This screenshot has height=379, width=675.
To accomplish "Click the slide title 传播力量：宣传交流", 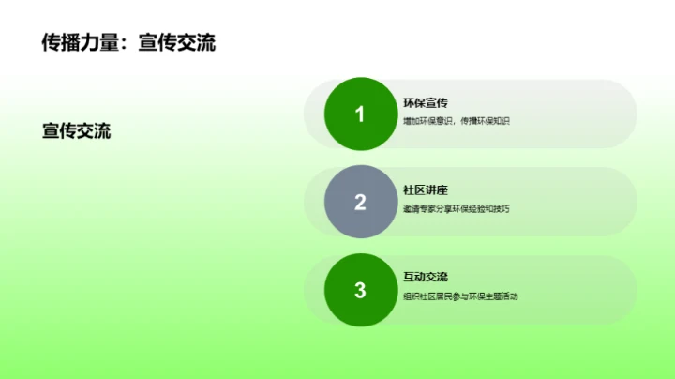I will (x=128, y=42).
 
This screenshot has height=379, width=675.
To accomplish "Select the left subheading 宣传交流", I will (x=76, y=131).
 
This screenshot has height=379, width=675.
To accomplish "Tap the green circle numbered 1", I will (x=360, y=114).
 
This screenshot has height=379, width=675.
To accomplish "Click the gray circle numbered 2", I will (x=360, y=202).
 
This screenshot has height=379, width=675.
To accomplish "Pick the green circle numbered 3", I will (x=360, y=290).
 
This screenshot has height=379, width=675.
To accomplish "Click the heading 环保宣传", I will (x=426, y=102).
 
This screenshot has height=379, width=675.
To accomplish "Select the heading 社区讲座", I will (x=426, y=189).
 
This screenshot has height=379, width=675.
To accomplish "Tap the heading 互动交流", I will (x=426, y=277).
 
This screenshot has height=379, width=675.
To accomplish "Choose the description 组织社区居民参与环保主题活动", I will (x=460, y=296).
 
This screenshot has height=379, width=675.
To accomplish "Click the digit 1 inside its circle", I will (x=360, y=114).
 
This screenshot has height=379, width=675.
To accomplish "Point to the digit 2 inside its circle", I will (x=360, y=202).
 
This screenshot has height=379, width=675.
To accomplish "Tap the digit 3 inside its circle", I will (x=360, y=290).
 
